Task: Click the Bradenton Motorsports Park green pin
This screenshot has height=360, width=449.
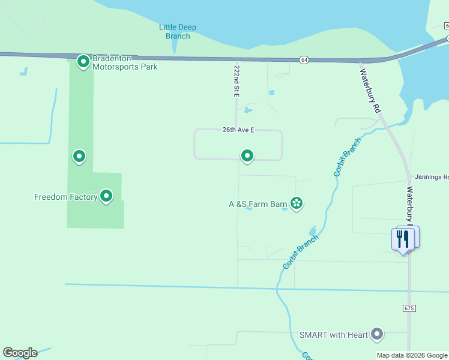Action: point(83,61)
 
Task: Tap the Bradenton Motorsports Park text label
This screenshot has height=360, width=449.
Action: point(125,63)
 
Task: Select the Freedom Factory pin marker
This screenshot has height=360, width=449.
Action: point(106,196)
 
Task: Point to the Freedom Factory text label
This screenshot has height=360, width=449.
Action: point(65,197)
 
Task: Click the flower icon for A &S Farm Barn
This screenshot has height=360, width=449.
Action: point(296,203)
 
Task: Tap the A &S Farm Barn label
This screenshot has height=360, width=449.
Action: point(258,204)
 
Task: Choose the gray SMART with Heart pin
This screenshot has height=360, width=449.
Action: point(377,333)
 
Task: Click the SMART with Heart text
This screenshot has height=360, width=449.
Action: point(334,334)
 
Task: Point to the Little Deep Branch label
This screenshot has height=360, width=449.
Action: point(178,31)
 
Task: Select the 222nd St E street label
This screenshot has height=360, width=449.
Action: point(237,81)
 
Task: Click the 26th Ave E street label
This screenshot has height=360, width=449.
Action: point(238,130)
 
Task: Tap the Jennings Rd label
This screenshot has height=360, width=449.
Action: point(431,177)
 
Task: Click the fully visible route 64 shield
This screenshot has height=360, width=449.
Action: point(305,60)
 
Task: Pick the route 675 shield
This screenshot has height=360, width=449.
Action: point(409,308)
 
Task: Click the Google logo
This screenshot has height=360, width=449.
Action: point(20,353)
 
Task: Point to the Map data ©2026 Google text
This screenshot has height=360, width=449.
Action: point(412,355)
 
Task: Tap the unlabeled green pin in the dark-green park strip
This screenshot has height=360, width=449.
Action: point(79,157)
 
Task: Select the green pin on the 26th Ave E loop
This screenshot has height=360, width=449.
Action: point(247,156)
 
